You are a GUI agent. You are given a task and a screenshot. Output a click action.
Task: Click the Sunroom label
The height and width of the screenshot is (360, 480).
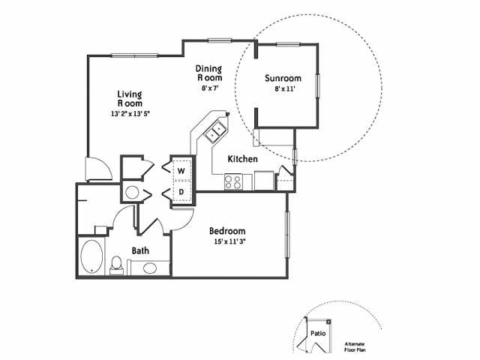[x=283, y=78]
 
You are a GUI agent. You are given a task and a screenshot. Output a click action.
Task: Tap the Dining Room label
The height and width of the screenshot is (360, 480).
[x=209, y=73]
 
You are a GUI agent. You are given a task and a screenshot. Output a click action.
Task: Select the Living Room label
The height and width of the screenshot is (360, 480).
[x=130, y=99]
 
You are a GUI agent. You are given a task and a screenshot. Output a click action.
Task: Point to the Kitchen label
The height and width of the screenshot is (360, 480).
[x=243, y=159]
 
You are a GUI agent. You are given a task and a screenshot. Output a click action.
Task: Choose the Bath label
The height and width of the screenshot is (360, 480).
[x=140, y=250]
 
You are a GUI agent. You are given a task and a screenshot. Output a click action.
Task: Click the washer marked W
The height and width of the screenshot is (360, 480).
[x=181, y=170]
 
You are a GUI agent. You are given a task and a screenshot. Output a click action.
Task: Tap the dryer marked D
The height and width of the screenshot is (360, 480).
[x=181, y=192]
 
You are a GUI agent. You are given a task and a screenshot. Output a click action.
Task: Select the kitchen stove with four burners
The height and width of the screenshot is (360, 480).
[x=232, y=181]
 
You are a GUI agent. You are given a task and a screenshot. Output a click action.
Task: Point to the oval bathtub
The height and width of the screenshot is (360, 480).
[x=92, y=256]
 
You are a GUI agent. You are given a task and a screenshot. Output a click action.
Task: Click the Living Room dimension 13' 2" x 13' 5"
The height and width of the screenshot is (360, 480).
[x=130, y=114]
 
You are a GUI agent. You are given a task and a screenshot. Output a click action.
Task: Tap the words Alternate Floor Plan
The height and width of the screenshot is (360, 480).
[x=355, y=346]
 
